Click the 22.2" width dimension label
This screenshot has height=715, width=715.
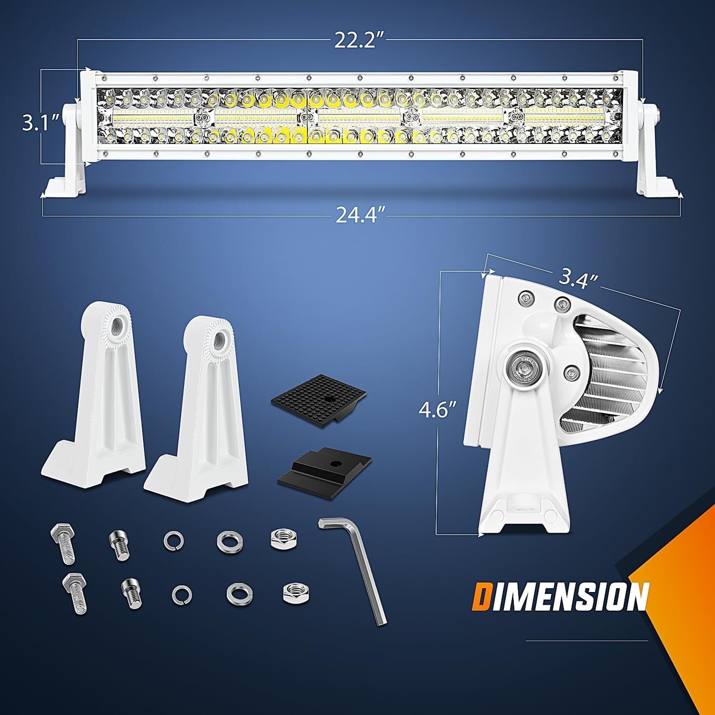(x=359, y=42)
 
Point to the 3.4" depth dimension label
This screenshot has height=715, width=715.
(x=579, y=277)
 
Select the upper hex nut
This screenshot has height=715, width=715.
(x=284, y=539)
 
